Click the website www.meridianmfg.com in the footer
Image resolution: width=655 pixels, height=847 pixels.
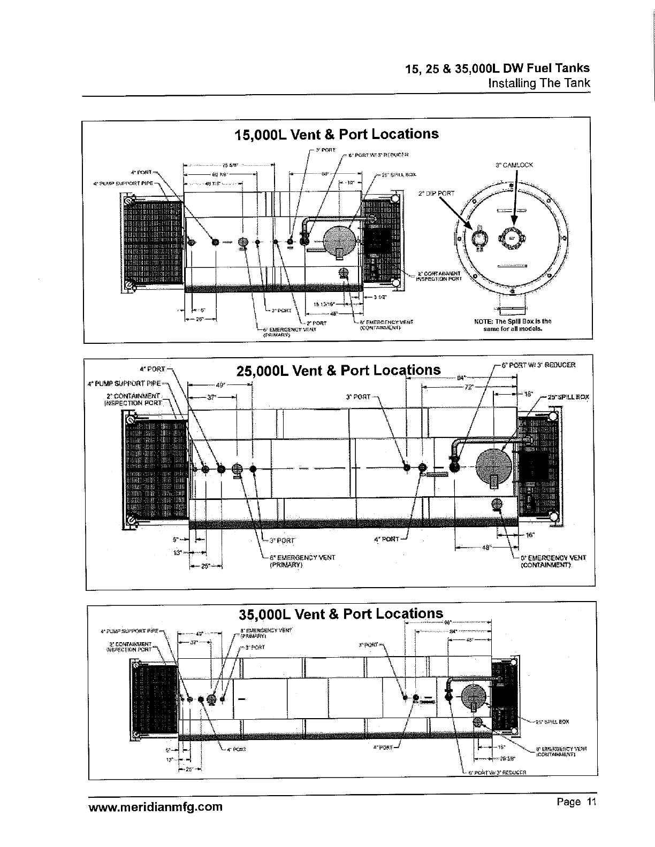click(155, 806)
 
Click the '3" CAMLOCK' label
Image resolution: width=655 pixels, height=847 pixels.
click(514, 165)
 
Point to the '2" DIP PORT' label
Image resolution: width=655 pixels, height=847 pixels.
click(437, 193)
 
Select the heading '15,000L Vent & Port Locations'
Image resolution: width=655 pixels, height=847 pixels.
click(337, 134)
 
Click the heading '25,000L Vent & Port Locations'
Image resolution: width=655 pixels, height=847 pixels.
click(339, 370)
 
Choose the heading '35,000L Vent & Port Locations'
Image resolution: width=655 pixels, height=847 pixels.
click(341, 613)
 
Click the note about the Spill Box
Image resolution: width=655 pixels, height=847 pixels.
click(513, 325)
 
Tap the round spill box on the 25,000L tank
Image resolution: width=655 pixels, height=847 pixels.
click(494, 466)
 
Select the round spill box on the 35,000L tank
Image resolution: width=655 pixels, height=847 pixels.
click(474, 698)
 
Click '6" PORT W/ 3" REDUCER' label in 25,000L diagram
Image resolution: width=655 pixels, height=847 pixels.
click(538, 365)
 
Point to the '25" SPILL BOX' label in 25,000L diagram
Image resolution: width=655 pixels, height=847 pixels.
click(567, 397)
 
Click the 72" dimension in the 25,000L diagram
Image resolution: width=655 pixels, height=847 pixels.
click(469, 387)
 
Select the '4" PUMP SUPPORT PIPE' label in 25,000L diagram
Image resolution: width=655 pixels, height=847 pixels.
click(124, 383)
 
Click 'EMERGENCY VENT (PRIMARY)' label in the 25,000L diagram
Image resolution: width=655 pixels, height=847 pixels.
click(303, 560)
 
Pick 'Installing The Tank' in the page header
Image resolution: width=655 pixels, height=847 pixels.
click(539, 83)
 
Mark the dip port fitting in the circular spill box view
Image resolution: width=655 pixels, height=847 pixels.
click(478, 237)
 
